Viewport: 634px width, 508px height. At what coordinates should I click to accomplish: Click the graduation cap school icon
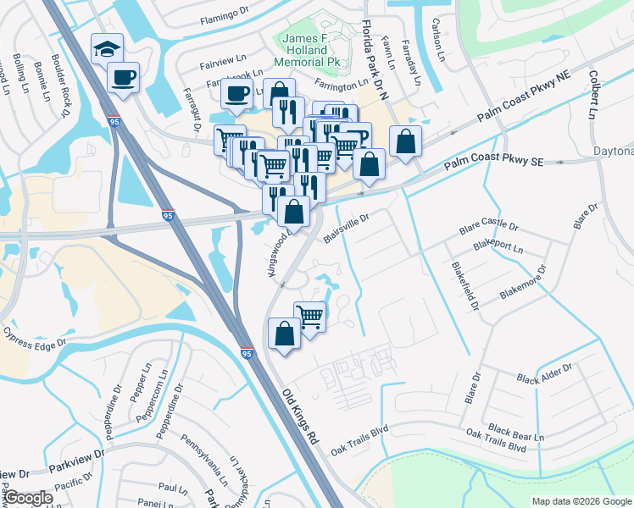pos(108,47)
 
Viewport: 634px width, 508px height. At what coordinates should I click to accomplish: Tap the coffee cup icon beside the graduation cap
pos(124,78)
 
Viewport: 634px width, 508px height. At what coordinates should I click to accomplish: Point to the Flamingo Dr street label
pos(227,19)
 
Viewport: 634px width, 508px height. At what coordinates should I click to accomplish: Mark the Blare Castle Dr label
pos(487,228)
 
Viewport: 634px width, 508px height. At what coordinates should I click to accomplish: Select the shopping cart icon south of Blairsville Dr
pos(310,317)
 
